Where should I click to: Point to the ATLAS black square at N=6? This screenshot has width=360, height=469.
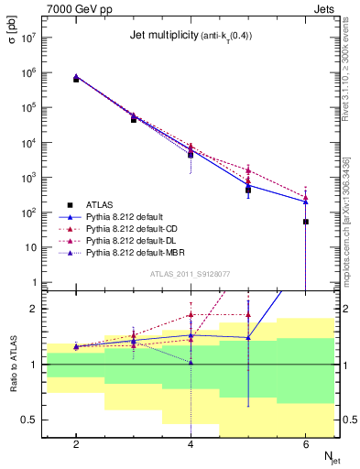306,222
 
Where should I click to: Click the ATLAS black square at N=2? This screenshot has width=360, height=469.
76,80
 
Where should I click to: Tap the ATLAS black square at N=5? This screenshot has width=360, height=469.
248,190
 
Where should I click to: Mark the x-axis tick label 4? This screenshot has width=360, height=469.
191,444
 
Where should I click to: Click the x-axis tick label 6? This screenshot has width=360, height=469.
306,444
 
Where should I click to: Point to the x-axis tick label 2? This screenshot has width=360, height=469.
76,444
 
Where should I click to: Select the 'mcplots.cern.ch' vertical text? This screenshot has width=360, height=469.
349,211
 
